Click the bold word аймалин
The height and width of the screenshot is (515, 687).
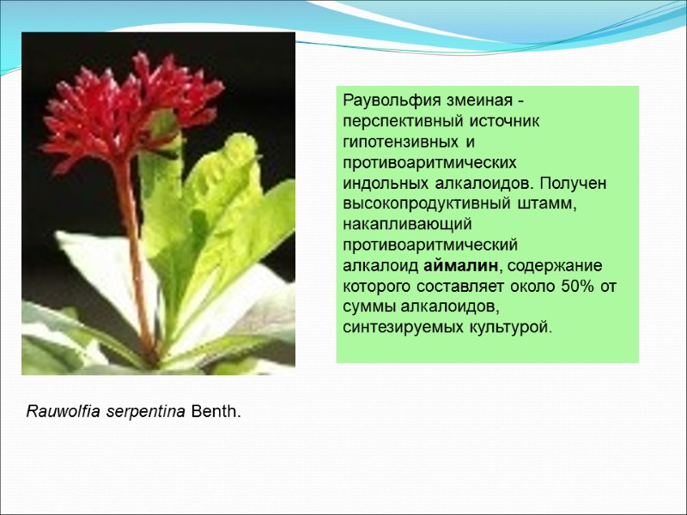(x=462, y=265)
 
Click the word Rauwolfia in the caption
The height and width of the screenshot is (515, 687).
(x=63, y=413)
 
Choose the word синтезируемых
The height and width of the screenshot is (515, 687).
(x=392, y=327)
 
